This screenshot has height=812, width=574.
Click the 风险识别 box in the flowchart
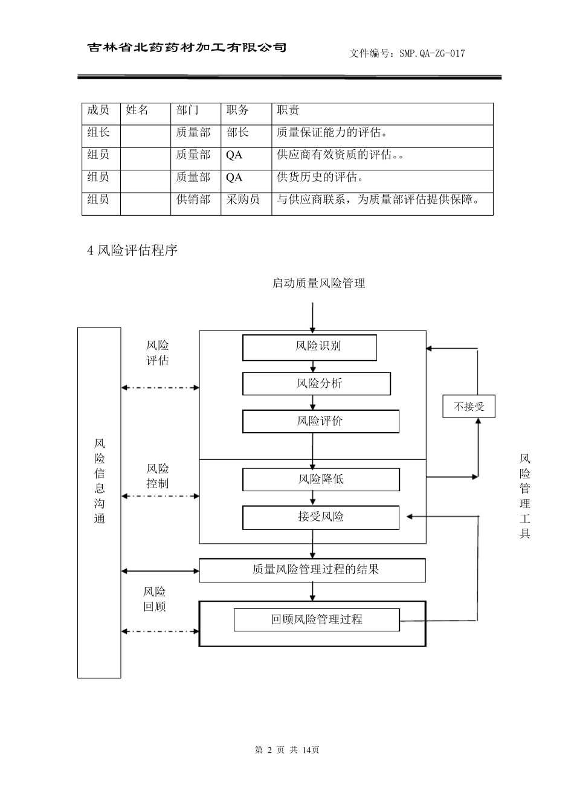click(309, 347)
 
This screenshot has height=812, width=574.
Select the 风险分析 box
click(317, 384)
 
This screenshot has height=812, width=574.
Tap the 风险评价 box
click(320, 421)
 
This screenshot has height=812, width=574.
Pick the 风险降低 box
click(321, 479)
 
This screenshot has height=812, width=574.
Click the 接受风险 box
click(321, 517)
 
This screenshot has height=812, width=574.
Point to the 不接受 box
click(469, 407)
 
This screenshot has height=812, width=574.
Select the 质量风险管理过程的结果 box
click(312, 570)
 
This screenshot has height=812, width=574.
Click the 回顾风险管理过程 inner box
click(317, 619)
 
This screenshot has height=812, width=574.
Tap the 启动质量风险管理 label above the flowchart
click(318, 283)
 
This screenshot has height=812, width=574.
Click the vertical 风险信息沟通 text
click(100, 482)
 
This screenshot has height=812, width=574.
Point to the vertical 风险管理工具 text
click(524, 496)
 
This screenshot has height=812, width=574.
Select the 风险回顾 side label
click(155, 599)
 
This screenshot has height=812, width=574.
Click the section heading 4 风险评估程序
click(132, 250)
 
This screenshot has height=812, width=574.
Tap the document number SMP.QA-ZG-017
click(407, 53)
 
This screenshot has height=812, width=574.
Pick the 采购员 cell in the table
click(243, 200)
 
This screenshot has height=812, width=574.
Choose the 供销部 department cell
click(193, 200)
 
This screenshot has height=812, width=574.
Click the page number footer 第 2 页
click(287, 750)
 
